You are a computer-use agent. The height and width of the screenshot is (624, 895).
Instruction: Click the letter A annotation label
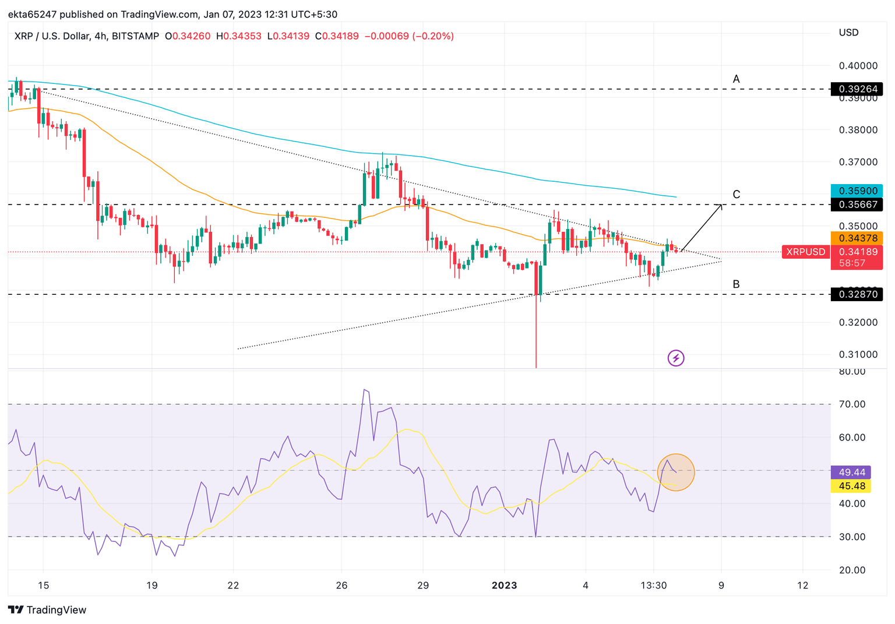click(x=737, y=79)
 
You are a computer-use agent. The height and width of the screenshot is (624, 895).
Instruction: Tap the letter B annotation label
click(x=737, y=284)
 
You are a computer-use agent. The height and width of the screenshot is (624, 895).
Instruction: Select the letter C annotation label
click(x=737, y=195)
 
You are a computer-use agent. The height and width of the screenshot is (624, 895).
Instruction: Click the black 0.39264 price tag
click(x=857, y=89)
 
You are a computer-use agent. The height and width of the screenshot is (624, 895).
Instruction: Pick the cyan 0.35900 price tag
click(x=857, y=191)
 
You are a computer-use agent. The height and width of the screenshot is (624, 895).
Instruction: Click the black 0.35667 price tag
click(x=857, y=205)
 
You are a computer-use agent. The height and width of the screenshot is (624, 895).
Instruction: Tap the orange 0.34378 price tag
click(x=857, y=238)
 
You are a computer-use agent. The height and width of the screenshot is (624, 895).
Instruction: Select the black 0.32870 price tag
click(x=857, y=295)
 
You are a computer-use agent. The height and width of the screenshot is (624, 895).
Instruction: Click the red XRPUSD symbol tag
click(x=806, y=252)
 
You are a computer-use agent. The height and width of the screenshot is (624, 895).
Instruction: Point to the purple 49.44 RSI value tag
click(x=851, y=473)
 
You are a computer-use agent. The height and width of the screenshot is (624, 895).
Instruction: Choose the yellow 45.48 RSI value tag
click(x=851, y=486)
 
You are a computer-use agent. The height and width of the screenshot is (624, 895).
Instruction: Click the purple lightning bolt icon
click(x=676, y=358)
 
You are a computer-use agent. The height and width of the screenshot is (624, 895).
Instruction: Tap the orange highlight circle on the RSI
click(x=676, y=472)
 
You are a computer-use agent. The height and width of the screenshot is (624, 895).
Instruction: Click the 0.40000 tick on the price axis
click(x=858, y=66)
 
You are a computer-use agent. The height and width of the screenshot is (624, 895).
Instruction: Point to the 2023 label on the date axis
click(x=504, y=586)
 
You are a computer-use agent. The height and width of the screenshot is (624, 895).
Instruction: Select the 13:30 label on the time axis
click(x=654, y=586)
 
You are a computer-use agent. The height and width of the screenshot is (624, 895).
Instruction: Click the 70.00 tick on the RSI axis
click(x=851, y=404)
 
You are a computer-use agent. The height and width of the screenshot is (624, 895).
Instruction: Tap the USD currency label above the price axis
click(x=848, y=33)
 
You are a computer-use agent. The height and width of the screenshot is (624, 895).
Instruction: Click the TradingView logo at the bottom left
click(x=48, y=610)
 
